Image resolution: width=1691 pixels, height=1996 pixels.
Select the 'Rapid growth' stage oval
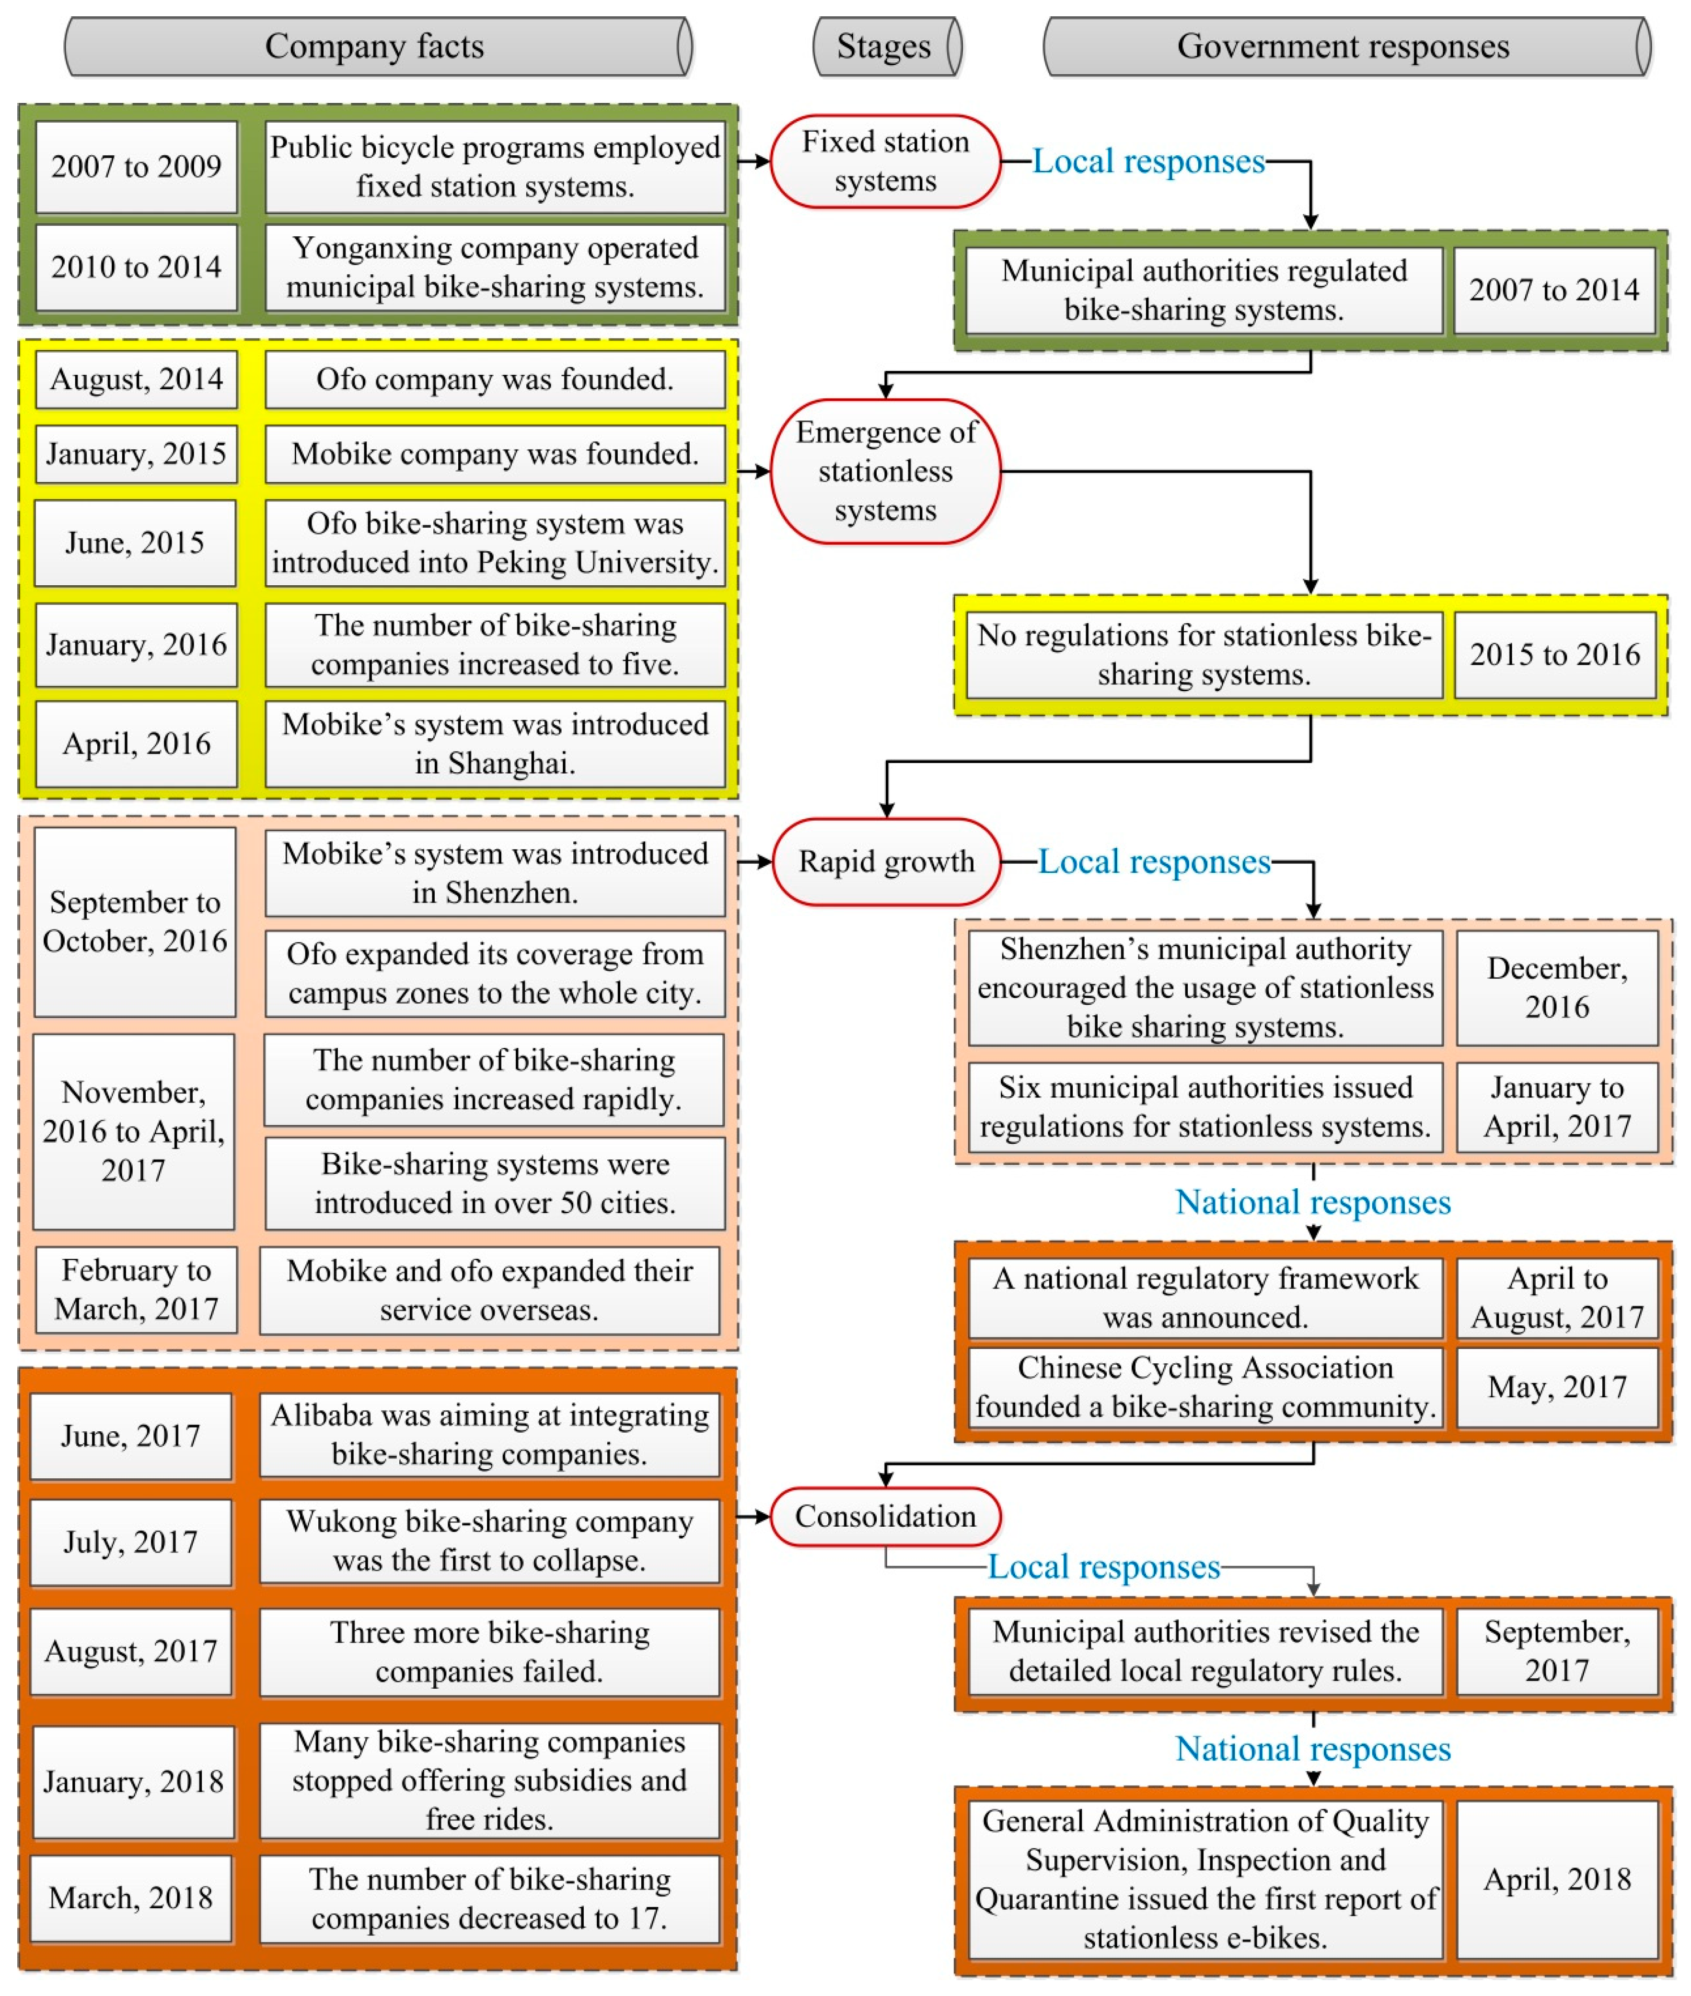click(x=886, y=861)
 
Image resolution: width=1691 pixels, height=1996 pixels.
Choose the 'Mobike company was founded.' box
click(x=495, y=453)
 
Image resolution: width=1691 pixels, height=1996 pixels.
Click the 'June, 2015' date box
click(x=135, y=543)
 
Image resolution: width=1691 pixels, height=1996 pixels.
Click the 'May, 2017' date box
click(x=1557, y=1386)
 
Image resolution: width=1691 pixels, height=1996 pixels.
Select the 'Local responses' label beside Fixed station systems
click(x=1148, y=161)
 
